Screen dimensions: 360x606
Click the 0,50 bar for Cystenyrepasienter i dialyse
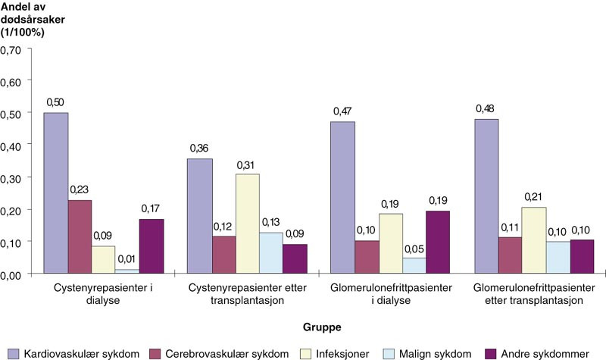pos(56,193)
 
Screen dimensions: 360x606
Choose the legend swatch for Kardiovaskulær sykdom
pos(9,352)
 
